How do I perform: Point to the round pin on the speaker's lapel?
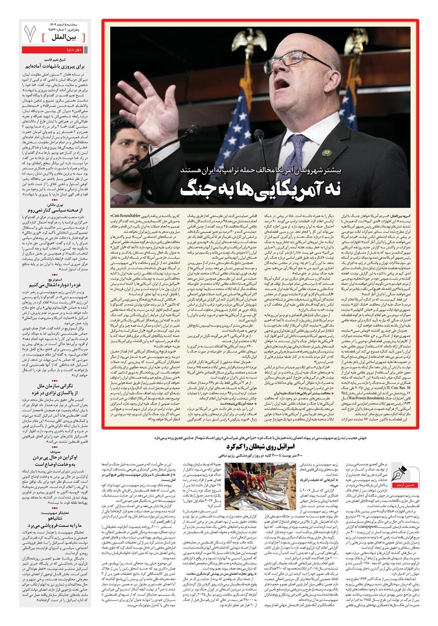[327, 153]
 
